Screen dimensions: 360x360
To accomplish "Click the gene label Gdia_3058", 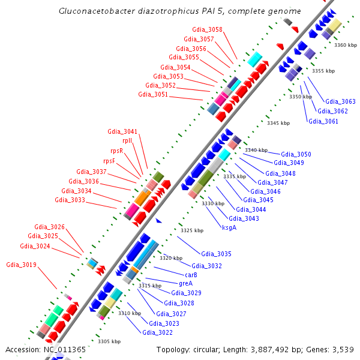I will point(207,29).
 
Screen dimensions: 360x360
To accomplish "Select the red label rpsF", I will point(109,161).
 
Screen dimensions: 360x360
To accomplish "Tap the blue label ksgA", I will point(229,227).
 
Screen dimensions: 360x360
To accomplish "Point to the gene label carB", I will point(191,274).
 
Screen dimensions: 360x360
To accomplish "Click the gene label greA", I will point(185,283).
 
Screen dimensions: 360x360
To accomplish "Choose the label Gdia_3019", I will point(21,265).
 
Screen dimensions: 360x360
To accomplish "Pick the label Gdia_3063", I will point(340,101).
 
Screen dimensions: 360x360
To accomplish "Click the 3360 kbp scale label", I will point(346,45).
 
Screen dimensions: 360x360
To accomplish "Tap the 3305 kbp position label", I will point(109,341).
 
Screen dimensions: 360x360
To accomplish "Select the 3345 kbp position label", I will point(278,123).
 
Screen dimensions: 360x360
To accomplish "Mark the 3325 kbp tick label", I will point(192,230).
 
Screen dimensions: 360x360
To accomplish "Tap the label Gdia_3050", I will point(296,155).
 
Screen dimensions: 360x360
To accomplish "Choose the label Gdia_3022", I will point(157,332).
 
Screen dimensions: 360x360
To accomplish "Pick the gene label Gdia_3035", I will point(216,254).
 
